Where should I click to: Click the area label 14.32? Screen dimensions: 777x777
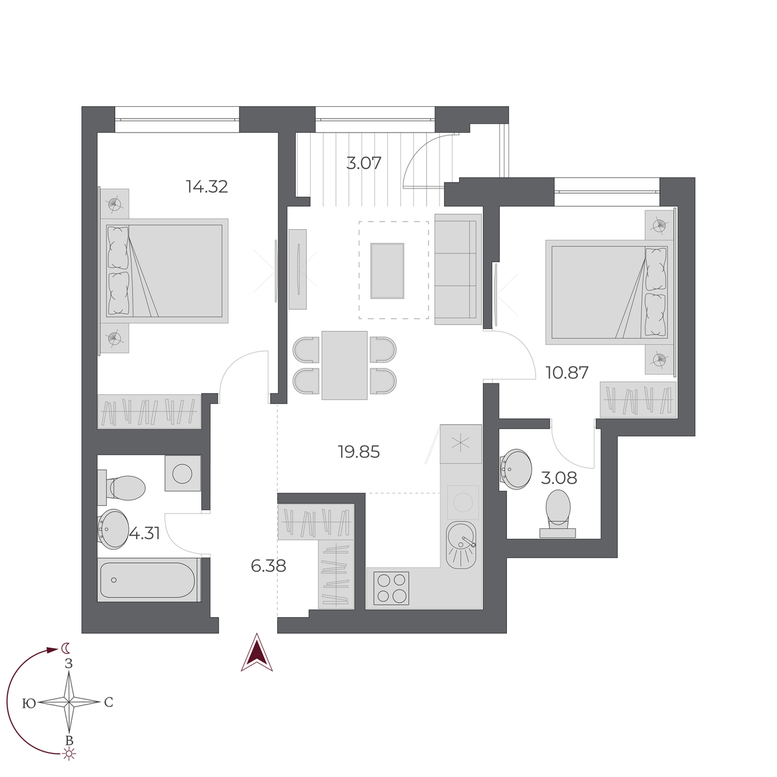207,187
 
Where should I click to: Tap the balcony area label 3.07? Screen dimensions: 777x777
363,163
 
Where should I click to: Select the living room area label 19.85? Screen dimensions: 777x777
359,452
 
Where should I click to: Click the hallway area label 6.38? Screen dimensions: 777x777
268,566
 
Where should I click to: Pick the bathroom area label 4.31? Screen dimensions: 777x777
145,534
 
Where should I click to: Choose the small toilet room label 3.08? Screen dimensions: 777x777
559,479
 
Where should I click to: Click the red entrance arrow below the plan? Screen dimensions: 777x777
257,653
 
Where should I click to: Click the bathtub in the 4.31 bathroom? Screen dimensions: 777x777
148,580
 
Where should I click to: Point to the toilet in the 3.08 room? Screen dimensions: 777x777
558,512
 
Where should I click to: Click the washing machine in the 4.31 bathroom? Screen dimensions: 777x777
182,473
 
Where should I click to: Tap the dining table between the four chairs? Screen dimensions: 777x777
344,365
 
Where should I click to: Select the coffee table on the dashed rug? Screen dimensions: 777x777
387,271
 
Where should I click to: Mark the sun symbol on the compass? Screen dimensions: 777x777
69,753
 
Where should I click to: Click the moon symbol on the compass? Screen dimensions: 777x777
65,647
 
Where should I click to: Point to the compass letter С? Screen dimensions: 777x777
108,703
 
